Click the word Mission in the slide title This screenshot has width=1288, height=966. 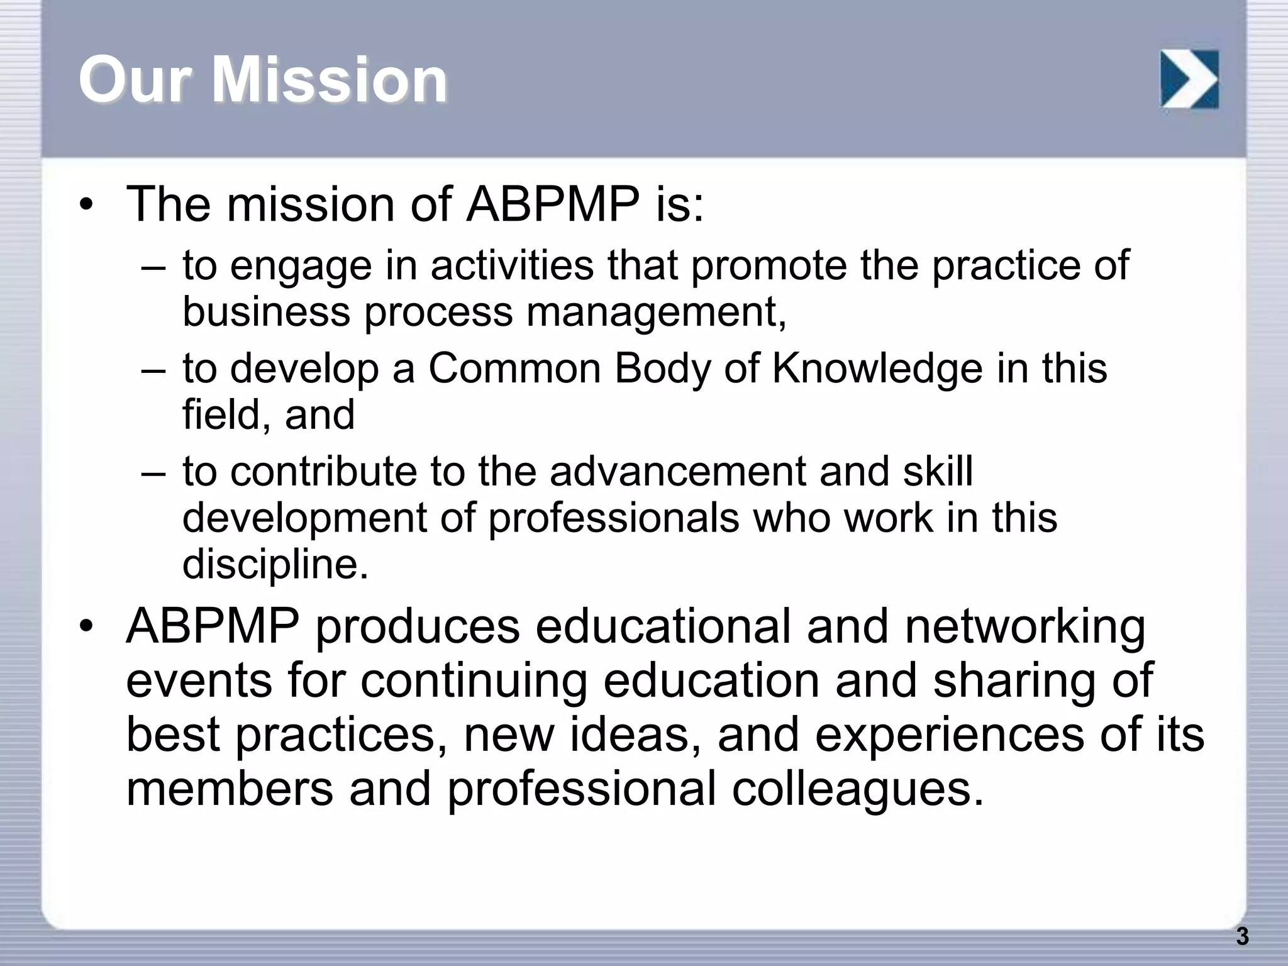click(x=329, y=79)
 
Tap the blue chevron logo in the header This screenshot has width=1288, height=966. click(x=1189, y=79)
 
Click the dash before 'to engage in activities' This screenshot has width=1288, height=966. click(x=153, y=267)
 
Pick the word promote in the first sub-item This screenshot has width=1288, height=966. click(x=769, y=267)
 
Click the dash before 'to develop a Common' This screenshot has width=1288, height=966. click(x=153, y=370)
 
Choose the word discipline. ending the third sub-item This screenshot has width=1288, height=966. click(x=275, y=564)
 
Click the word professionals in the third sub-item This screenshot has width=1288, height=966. click(x=614, y=518)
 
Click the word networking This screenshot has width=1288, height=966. click(x=1025, y=627)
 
